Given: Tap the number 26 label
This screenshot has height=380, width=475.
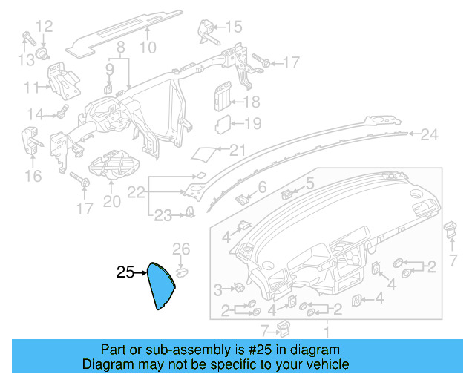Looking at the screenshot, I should point(182,249).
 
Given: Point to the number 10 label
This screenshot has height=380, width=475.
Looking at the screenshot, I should point(148,47).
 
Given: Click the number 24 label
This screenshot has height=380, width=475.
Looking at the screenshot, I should point(430,135).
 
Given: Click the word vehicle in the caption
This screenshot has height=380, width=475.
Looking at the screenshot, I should point(324,365).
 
